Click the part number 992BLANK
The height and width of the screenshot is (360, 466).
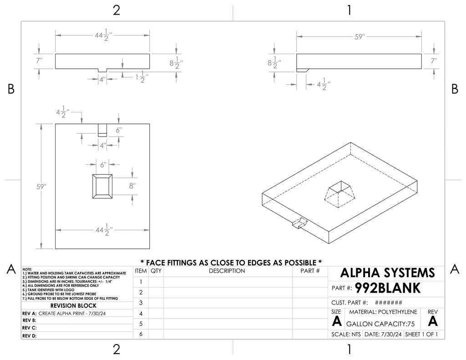pyautogui.click(x=388, y=288)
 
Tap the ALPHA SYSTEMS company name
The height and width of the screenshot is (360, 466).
pyautogui.click(x=388, y=273)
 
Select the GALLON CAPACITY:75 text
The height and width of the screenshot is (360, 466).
pyautogui.click(x=380, y=324)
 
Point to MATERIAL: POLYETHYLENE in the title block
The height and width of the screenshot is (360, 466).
pyautogui.click(x=383, y=312)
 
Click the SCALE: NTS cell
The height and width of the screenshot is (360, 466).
pyautogui.click(x=346, y=334)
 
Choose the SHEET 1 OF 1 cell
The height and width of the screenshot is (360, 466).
pyautogui.click(x=421, y=334)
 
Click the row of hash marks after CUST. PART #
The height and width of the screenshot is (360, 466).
pyautogui.click(x=389, y=303)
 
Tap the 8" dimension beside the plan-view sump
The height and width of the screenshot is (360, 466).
pyautogui.click(x=132, y=186)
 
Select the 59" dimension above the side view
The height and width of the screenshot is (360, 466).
pyautogui.click(x=360, y=37)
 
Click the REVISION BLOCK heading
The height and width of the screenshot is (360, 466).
pyautogui.click(x=73, y=305)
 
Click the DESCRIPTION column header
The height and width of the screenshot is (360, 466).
pyautogui.click(x=227, y=271)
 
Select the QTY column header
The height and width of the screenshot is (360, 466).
pyautogui.click(x=156, y=271)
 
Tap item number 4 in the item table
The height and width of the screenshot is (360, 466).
pyautogui.click(x=141, y=313)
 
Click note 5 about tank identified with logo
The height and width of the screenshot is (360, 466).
pyautogui.click(x=48, y=290)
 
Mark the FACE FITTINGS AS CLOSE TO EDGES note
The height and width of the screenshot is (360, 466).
pyautogui.click(x=231, y=263)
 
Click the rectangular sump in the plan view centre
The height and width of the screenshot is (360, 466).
pyautogui.click(x=102, y=186)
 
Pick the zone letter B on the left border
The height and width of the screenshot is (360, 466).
pyautogui.click(x=11, y=89)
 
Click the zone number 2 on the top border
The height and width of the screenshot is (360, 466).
pyautogui.click(x=116, y=10)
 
